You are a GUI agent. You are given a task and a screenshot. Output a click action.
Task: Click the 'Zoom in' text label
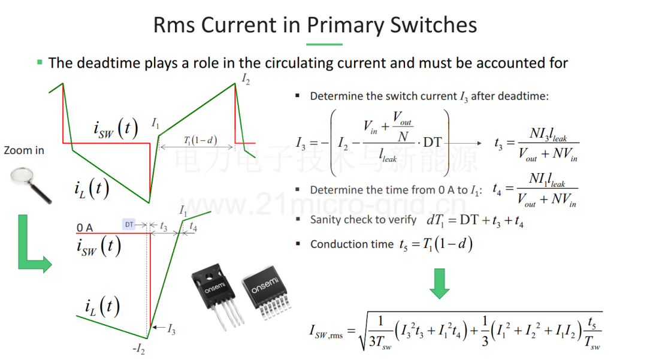[24, 150]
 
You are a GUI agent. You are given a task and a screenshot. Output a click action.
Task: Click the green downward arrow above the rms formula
[440, 284]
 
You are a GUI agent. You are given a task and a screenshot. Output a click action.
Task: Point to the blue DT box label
[129, 225]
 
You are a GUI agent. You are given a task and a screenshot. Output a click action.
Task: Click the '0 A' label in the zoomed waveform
[84, 228]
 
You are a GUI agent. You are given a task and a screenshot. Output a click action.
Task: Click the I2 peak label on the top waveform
[246, 78]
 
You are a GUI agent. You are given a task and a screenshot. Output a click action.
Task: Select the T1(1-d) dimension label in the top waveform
[200, 140]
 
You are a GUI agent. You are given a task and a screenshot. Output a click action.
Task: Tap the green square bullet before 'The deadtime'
[40, 62]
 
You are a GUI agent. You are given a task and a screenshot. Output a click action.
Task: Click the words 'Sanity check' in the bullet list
[346, 220]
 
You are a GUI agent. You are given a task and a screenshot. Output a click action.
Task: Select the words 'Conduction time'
[352, 244]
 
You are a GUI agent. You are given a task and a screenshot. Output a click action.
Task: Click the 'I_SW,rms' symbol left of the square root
[326, 331]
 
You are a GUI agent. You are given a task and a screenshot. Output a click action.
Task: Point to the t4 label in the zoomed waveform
[193, 226]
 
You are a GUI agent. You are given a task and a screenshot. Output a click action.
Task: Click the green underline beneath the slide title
[324, 44]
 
